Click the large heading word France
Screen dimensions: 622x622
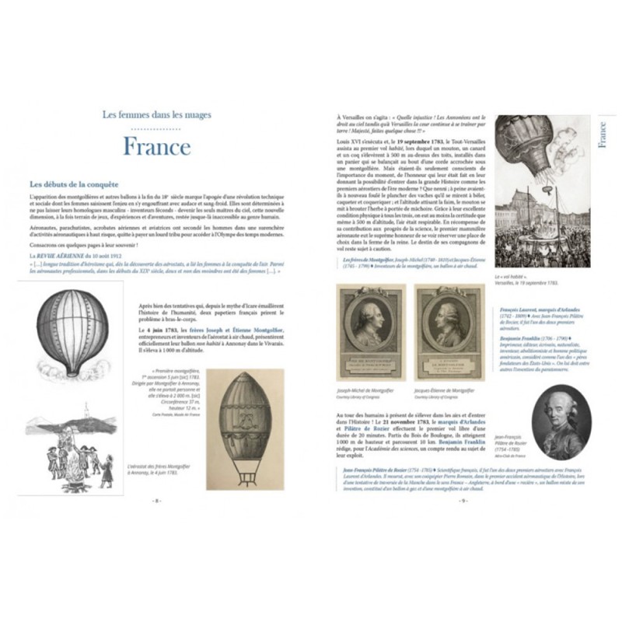tap(156, 146)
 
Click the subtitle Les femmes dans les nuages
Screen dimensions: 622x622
tap(156, 115)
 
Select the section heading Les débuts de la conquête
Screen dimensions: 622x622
tap(73, 184)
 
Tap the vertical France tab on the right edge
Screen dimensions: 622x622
tap(603, 133)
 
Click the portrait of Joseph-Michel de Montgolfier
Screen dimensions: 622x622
tap(369, 331)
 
